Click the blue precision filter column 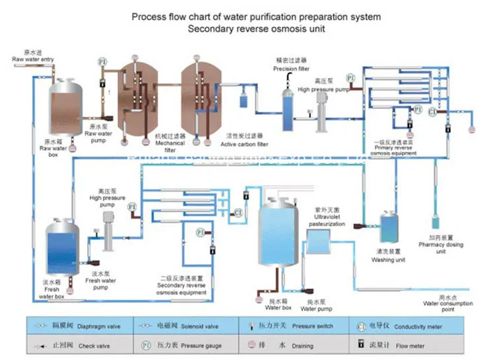pos(288,109)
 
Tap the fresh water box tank pos(61,246)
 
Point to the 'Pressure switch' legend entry pos(312,326)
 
